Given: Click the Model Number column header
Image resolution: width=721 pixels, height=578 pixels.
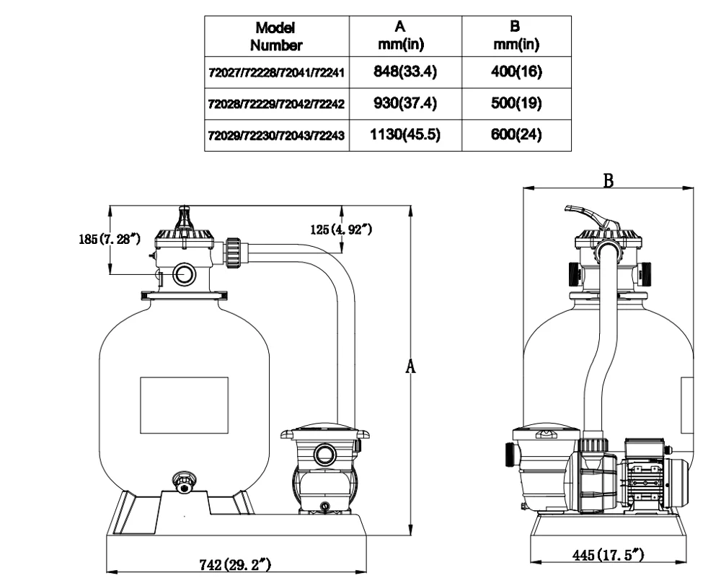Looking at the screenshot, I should tap(276, 36).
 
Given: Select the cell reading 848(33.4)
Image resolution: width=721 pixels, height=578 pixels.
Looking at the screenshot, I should tap(404, 72).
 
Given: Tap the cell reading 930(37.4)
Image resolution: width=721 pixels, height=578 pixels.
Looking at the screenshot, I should tap(404, 105).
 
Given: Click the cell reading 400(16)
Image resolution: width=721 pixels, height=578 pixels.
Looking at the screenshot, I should tap(516, 72).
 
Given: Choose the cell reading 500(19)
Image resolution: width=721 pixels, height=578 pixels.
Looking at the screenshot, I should tap(516, 105).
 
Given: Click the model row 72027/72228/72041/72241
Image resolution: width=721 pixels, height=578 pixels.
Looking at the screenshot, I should tap(277, 73).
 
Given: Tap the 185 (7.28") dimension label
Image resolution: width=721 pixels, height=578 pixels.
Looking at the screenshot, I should tap(108, 239).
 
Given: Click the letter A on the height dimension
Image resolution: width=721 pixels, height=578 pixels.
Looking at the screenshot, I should tap(411, 367).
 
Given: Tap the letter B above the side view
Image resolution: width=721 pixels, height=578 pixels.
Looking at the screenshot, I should tap(609, 181).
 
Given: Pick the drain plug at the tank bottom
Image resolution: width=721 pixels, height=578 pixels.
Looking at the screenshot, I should tap(184, 482).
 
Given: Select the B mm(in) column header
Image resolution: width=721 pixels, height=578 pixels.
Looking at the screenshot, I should tap(516, 36).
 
